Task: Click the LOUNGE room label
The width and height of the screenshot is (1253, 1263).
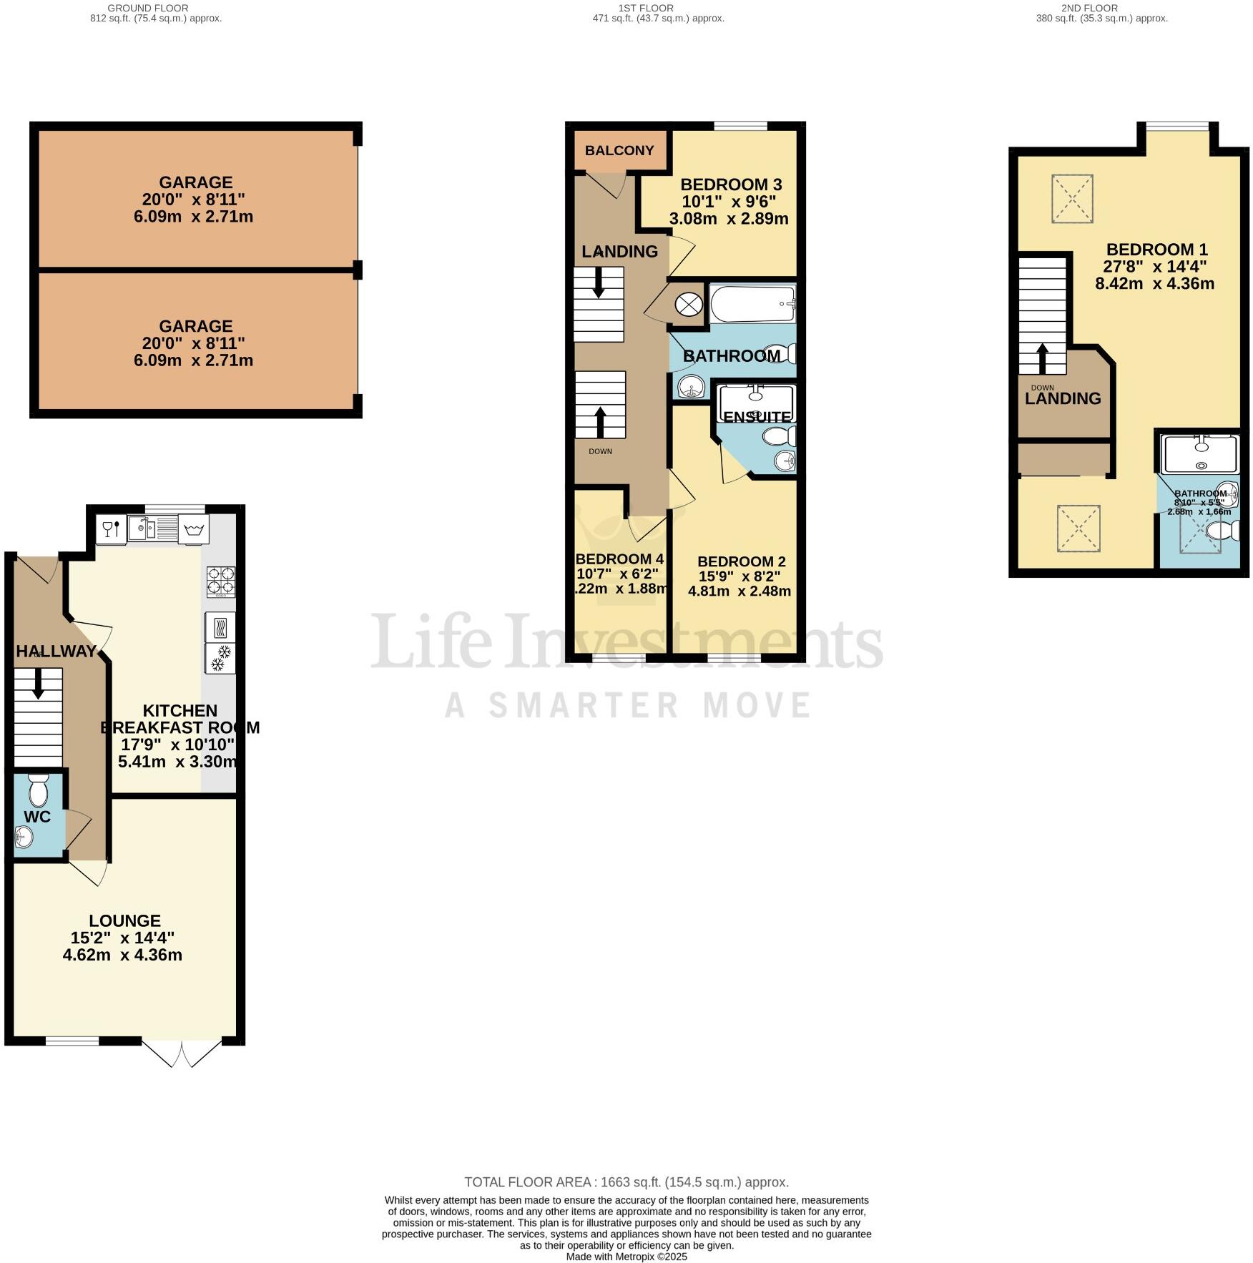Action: [124, 920]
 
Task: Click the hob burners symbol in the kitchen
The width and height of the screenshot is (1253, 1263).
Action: [221, 581]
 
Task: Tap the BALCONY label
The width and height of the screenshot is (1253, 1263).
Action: [619, 150]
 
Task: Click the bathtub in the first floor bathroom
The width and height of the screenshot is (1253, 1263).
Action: [752, 305]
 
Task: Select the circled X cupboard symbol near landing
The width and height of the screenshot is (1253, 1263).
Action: [689, 305]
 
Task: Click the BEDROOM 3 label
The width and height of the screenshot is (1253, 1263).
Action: [731, 185]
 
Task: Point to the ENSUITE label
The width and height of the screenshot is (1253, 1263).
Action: [757, 416]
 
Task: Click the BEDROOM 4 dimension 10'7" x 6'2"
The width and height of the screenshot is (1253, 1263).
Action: [617, 574]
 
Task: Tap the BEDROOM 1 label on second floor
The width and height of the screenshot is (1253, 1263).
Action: [1156, 250]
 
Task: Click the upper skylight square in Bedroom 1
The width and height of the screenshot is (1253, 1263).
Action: [1071, 198]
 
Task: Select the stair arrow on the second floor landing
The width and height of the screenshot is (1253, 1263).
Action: [1043, 359]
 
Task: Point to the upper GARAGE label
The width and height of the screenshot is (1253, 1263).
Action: [195, 182]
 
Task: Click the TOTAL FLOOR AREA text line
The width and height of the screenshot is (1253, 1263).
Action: [626, 1181]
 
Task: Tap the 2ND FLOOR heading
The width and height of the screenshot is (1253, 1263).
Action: [1089, 8]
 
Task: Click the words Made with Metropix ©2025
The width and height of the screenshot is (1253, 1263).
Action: [626, 1257]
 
